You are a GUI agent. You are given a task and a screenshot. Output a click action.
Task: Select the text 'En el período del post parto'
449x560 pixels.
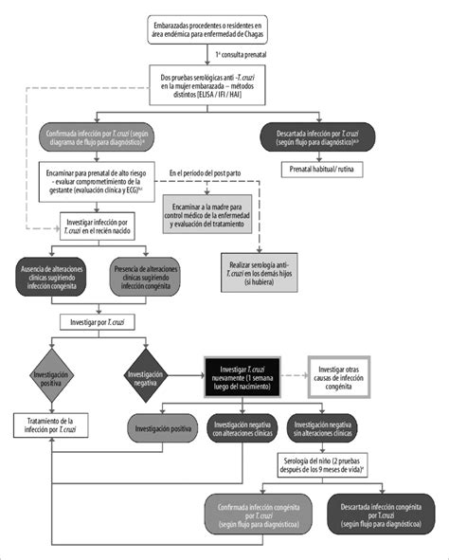point(218,172)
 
